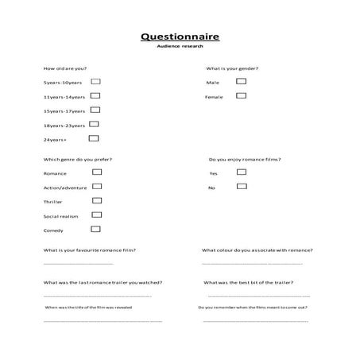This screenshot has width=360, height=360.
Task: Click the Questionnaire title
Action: pos(180,37)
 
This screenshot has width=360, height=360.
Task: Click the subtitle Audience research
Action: pos(180,47)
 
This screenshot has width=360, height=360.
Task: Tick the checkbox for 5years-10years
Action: pos(95,81)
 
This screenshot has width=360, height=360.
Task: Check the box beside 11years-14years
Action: pos(95,95)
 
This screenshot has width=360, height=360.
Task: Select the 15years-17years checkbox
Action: pos(95,110)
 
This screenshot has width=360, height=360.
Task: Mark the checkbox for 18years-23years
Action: pos(94,124)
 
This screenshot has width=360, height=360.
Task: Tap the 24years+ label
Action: pos(56,140)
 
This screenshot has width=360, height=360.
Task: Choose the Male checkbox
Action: pos(242,81)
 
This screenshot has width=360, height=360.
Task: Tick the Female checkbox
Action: pos(242,95)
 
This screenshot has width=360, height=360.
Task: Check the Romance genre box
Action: pos(97,172)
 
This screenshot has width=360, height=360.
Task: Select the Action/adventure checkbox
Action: pos(97,186)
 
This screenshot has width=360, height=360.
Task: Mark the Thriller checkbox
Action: pos(97,200)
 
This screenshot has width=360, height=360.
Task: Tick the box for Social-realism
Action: pos(97,215)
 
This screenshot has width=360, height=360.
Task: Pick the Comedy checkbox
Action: pos(95,229)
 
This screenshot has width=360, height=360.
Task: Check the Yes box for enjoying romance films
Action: pos(242,172)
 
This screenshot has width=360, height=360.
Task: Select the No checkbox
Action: pos(242,186)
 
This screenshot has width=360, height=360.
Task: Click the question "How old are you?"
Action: pos(66,68)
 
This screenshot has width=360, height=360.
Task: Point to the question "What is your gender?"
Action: pos(232,68)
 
